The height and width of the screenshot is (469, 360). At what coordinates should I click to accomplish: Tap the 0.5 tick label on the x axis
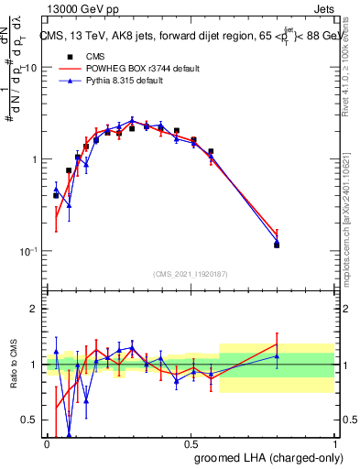(191, 443)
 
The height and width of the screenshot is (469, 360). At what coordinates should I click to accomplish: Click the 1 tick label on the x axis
(335, 443)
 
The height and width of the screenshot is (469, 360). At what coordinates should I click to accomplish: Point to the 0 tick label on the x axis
(47, 443)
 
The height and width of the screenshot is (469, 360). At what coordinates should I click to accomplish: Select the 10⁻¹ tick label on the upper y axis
(29, 250)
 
